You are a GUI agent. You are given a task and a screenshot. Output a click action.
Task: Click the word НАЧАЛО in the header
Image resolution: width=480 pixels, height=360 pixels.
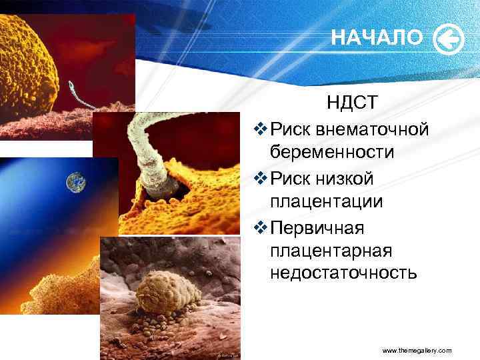(x=377, y=39)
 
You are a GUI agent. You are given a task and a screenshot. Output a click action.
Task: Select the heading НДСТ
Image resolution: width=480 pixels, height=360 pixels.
(x=353, y=102)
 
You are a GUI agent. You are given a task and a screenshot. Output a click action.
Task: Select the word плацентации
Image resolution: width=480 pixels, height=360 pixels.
(x=327, y=203)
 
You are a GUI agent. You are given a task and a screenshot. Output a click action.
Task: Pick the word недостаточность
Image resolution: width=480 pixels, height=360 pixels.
(x=343, y=273)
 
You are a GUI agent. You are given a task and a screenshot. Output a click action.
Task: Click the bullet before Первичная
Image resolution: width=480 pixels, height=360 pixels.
(x=261, y=228)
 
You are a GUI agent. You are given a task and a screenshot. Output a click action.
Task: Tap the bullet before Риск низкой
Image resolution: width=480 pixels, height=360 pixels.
(x=261, y=178)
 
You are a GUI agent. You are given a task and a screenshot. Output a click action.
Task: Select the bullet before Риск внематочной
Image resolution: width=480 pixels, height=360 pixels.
(x=261, y=127)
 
